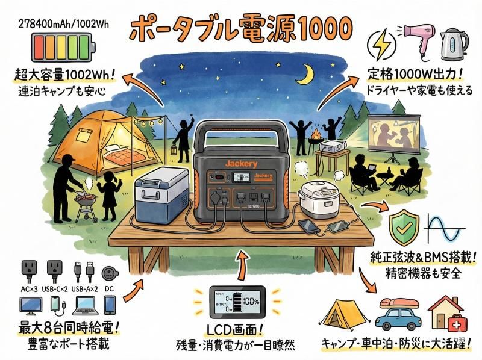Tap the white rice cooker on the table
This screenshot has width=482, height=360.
pos(321,199)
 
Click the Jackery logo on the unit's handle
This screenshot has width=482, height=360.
pos(241,163)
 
